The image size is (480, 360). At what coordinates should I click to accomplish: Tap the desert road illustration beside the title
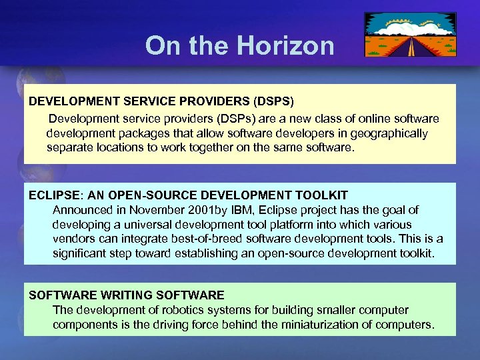pyautogui.click(x=411, y=35)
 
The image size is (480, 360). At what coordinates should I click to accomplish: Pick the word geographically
pyautogui.click(x=389, y=133)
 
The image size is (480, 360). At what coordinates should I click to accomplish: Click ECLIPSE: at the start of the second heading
pyautogui.click(x=56, y=195)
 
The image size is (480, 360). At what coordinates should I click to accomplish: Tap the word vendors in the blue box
pyautogui.click(x=74, y=239)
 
